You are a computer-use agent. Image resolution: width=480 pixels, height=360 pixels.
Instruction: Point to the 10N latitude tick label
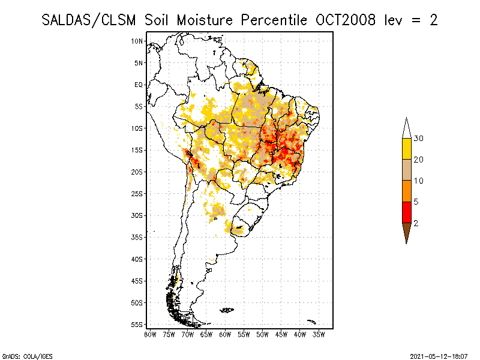tap(137, 41)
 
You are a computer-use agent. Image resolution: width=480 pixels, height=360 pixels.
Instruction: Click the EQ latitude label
tap(139, 85)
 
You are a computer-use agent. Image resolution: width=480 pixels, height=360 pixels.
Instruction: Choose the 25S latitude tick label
tap(137, 193)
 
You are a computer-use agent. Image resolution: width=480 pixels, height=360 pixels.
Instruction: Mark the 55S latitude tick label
tap(137, 325)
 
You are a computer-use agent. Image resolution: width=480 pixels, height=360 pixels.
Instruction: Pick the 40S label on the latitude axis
tap(137, 259)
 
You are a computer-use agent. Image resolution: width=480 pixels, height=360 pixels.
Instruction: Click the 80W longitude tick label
tap(150, 334)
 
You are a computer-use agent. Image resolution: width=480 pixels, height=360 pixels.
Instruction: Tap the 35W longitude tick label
tap(319, 334)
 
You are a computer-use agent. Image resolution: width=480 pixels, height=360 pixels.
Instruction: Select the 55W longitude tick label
tap(244, 334)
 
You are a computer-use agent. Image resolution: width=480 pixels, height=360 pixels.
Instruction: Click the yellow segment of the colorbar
tap(406, 149)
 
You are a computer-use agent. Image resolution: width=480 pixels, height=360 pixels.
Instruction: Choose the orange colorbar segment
tap(406, 191)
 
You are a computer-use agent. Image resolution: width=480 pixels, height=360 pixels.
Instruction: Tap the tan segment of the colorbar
tap(406, 170)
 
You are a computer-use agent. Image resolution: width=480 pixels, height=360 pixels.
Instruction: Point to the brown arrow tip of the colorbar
tap(406, 233)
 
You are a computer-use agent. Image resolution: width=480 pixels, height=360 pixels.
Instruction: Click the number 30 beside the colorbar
tap(419, 139)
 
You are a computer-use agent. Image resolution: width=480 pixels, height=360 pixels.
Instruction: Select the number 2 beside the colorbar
tap(416, 223)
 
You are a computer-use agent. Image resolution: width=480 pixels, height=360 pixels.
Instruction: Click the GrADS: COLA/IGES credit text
tap(20, 356)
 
